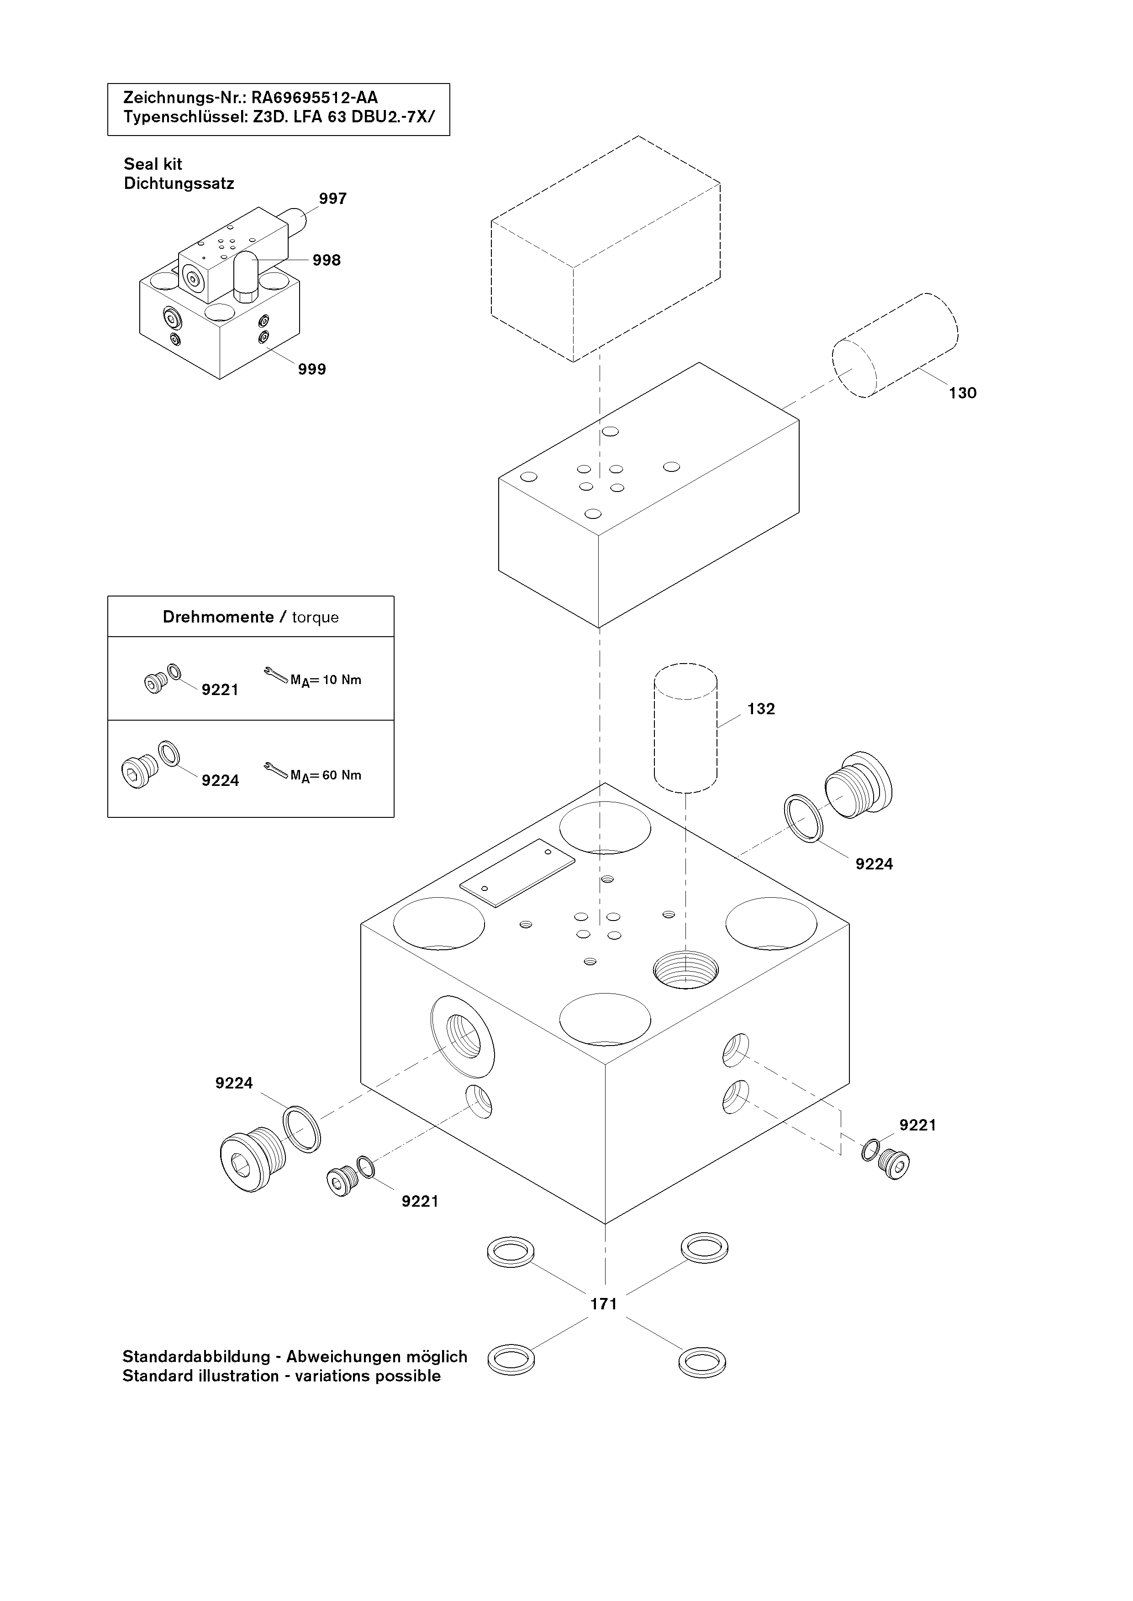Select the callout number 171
[x=603, y=1304]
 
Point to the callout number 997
[x=333, y=199]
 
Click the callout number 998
[x=327, y=260]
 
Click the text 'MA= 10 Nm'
[x=326, y=680]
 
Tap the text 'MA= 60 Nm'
[x=326, y=775]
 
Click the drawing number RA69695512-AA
[x=315, y=98]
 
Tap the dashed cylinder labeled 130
[x=895, y=345]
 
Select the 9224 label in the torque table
[x=220, y=780]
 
